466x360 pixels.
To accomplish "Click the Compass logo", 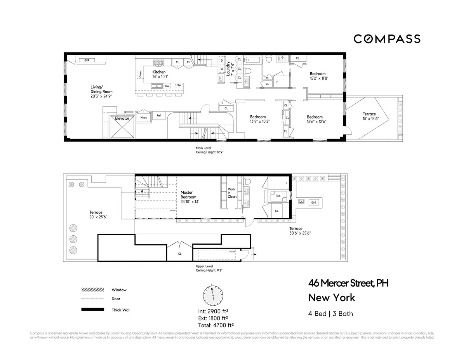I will click(387, 39).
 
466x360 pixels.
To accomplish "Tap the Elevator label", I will click(122, 118).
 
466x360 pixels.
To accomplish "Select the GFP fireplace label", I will click(87, 61).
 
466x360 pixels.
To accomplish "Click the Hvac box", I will click(143, 117).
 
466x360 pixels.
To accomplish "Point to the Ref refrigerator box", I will click(159, 115).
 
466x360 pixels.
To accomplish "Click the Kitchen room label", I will click(159, 72).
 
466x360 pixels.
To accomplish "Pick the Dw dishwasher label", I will click(167, 86).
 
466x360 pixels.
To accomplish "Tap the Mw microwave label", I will click(178, 85).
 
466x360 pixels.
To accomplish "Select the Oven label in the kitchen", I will click(140, 74).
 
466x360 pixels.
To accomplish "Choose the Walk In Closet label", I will click(232, 193).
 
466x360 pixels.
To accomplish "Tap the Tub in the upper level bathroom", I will click(278, 196).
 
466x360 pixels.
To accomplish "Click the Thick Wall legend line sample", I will click(92, 310).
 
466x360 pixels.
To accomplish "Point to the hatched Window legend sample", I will click(92, 290).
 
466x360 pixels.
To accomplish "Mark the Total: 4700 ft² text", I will click(216, 325).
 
